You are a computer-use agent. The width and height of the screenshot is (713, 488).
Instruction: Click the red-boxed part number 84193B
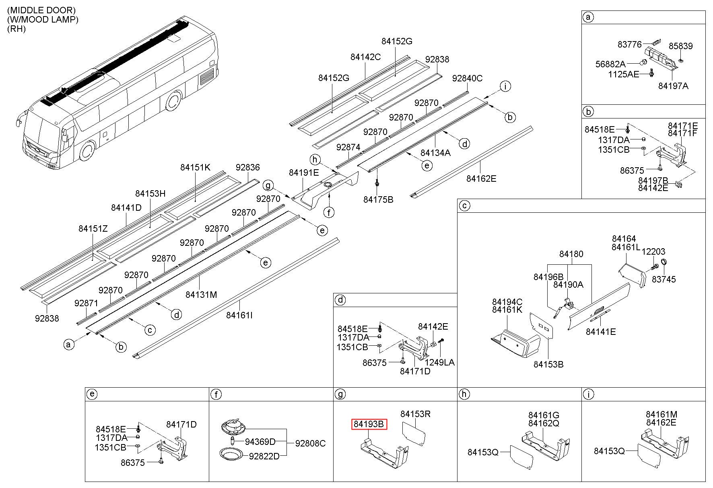369,424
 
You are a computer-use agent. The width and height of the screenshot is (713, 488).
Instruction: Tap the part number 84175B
378,199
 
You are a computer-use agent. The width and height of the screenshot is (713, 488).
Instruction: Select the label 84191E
304,172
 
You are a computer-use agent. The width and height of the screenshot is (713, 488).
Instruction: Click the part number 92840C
467,78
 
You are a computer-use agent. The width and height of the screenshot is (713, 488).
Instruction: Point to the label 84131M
201,295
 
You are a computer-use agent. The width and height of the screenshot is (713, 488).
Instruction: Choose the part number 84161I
239,315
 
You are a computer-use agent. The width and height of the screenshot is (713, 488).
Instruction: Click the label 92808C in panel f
310,443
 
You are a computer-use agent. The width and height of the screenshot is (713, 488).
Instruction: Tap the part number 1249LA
440,362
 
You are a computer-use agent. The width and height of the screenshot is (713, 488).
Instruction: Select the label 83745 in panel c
664,279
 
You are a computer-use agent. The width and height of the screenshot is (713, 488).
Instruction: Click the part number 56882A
610,64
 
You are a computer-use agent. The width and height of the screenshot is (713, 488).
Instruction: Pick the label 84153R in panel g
415,414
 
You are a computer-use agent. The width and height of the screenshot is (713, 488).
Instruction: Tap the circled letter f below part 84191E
329,212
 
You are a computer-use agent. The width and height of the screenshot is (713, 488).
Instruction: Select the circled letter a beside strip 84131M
69,344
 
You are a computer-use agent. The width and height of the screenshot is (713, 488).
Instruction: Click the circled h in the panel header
464,394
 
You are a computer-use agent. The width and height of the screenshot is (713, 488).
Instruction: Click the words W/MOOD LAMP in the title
43,19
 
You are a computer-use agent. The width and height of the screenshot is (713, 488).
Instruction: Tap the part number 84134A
436,153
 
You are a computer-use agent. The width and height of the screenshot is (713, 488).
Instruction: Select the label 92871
86,303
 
